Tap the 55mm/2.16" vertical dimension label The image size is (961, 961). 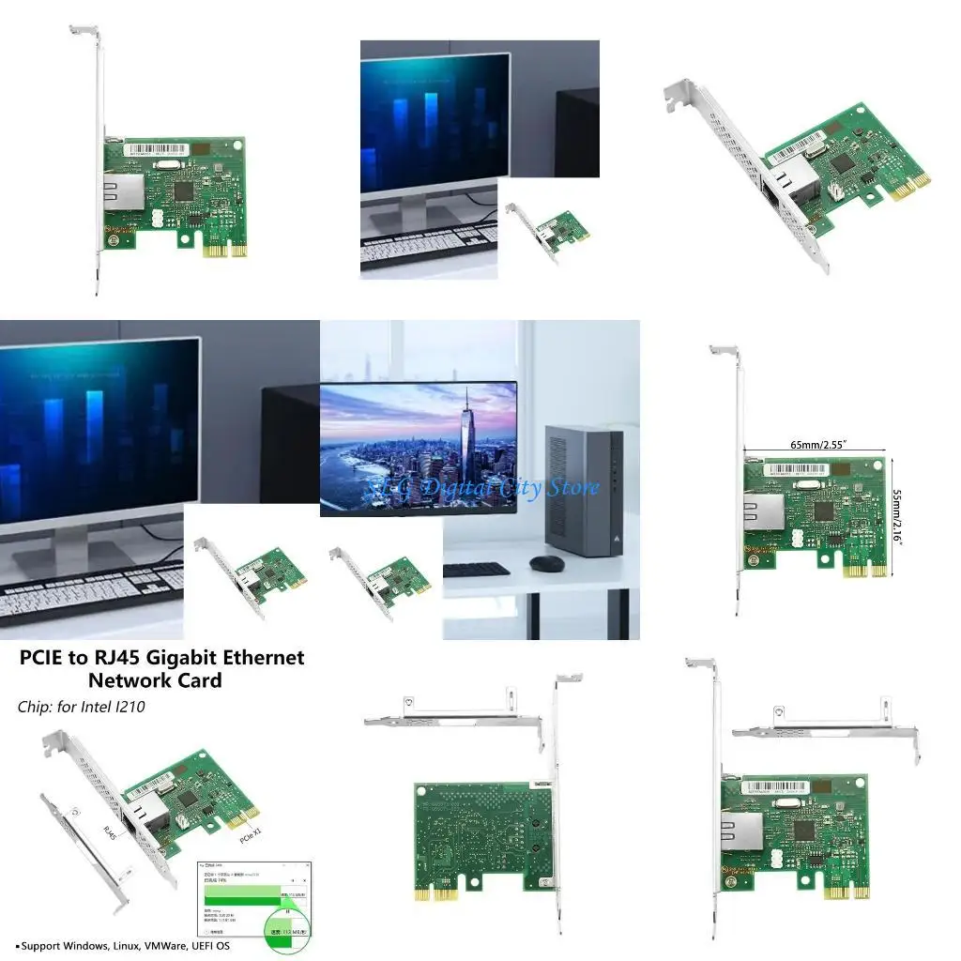pyautogui.click(x=897, y=516)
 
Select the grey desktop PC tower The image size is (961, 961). pyautogui.click(x=584, y=490)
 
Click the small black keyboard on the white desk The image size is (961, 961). pyautogui.click(x=476, y=569)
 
